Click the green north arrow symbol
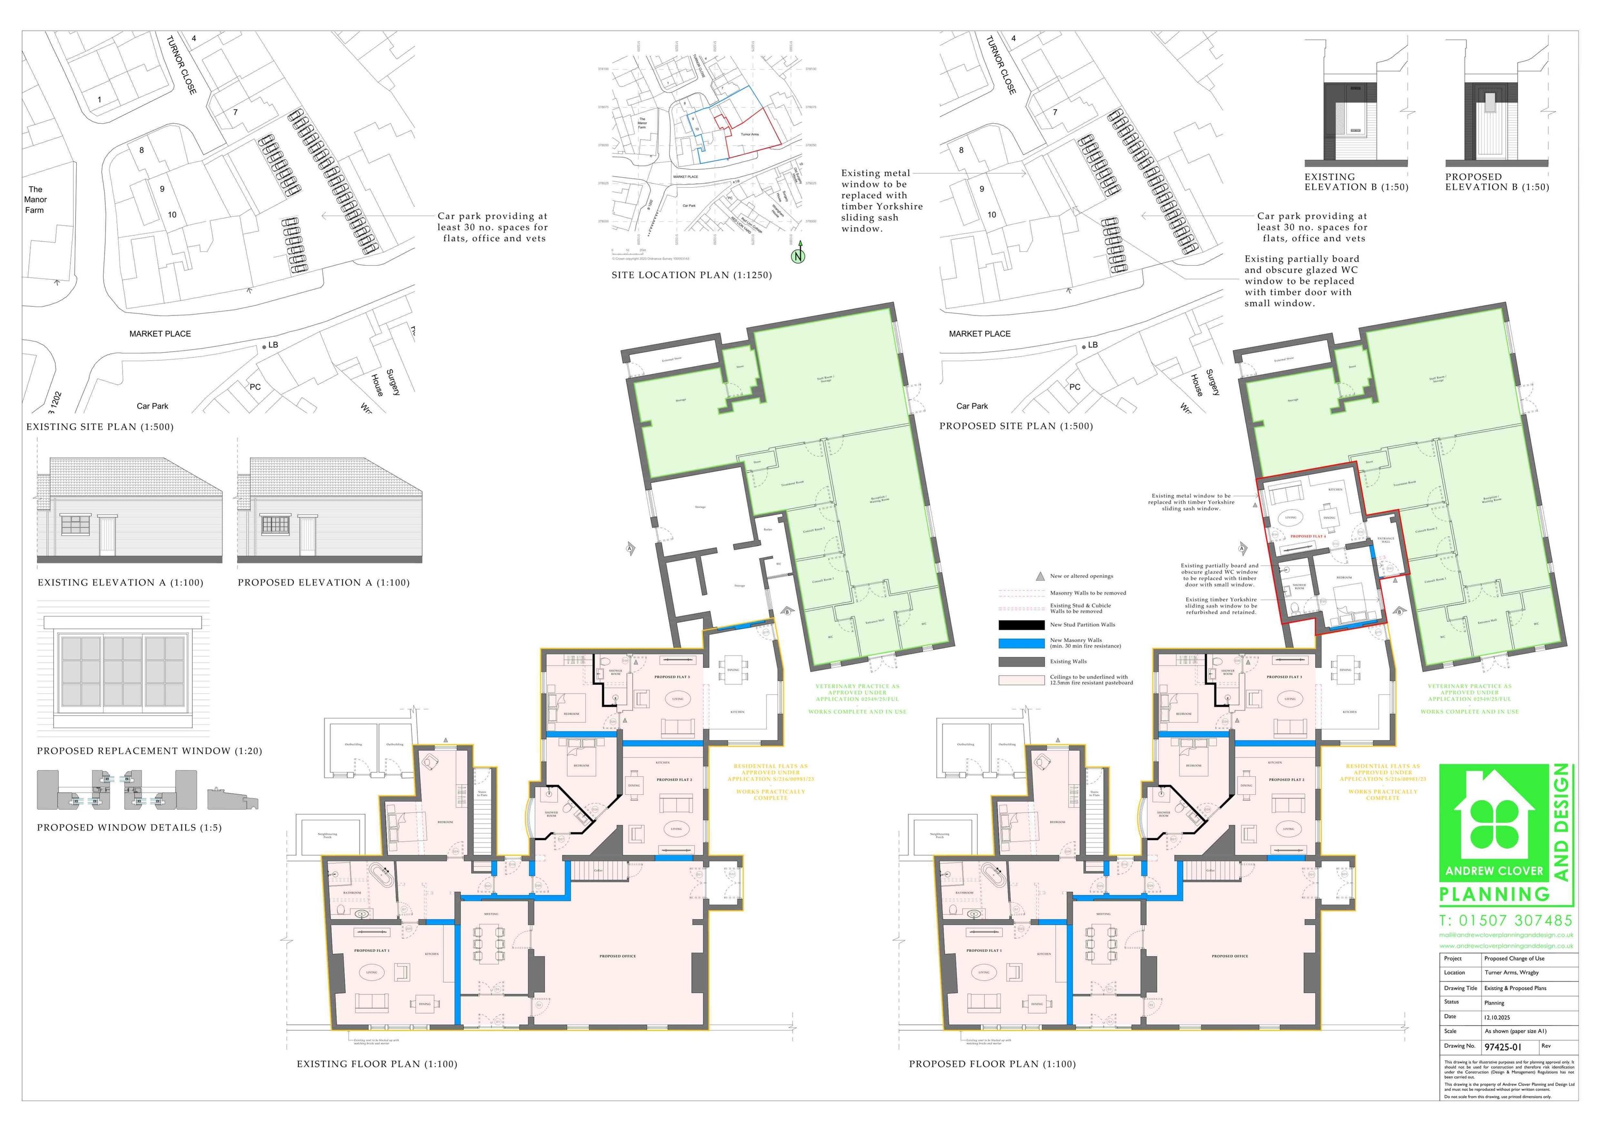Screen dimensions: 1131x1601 pyautogui.click(x=798, y=255)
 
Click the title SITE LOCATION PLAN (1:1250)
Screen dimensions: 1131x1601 pyautogui.click(x=692, y=275)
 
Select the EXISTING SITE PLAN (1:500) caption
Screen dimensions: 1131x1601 pyautogui.click(x=100, y=427)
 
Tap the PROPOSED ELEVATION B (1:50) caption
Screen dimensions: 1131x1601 pyautogui.click(x=1497, y=182)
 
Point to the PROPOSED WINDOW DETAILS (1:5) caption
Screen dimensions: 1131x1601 pyautogui.click(x=129, y=828)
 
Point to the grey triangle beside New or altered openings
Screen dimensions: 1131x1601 pyautogui.click(x=1040, y=576)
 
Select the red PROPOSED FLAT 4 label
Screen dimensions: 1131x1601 pyautogui.click(x=1307, y=537)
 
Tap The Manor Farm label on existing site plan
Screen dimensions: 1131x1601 pyautogui.click(x=35, y=200)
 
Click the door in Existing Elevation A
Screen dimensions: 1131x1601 pyautogui.click(x=107, y=535)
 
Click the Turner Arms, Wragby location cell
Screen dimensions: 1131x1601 pyautogui.click(x=1511, y=972)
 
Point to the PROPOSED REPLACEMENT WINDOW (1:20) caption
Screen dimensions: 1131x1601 pyautogui.click(x=149, y=751)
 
